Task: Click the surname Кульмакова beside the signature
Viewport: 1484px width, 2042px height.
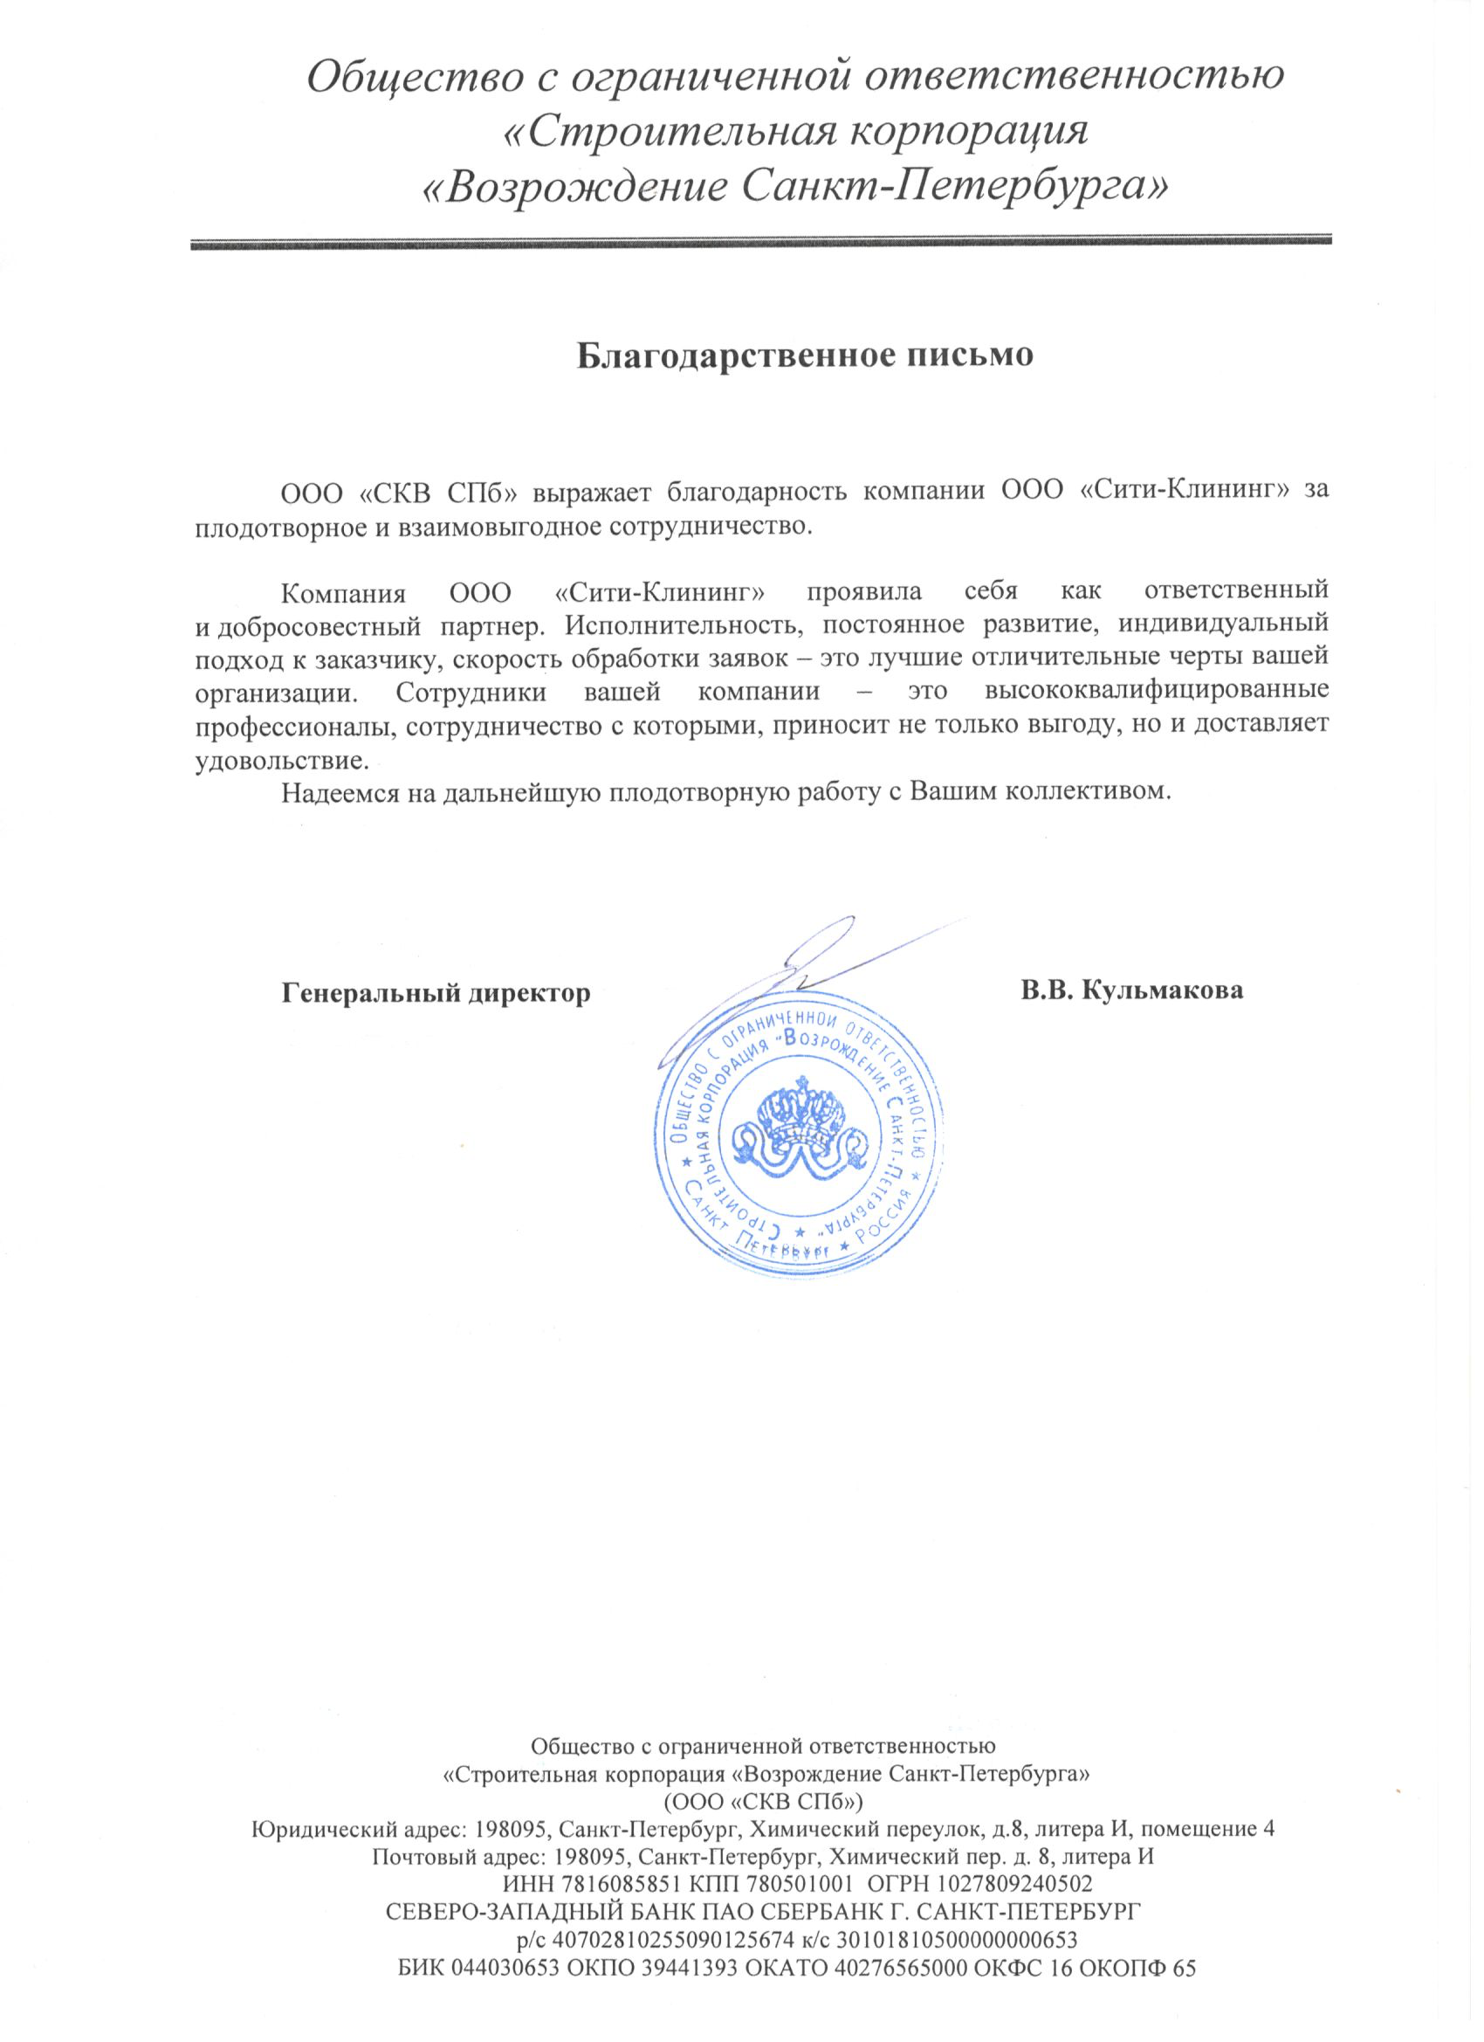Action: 1162,991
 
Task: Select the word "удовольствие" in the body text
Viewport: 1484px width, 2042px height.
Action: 280,761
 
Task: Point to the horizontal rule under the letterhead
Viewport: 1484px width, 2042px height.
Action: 760,242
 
